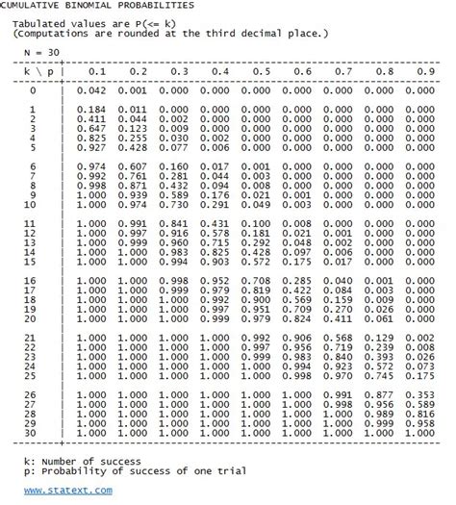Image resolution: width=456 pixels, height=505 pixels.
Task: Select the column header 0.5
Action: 261,71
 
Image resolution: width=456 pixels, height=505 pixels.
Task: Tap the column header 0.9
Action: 423,71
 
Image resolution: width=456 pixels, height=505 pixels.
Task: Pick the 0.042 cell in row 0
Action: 97,90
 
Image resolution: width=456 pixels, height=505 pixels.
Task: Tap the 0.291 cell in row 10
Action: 220,204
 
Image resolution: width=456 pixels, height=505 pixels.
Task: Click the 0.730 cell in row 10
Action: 179,204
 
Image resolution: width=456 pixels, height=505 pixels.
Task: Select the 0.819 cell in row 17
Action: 261,289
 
